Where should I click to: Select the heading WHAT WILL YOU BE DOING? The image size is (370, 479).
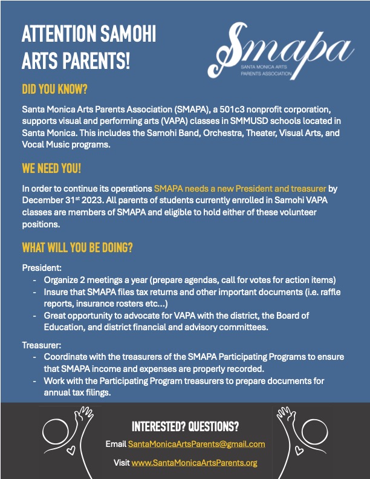click(77, 248)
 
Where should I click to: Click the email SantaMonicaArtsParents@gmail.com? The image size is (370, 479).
click(196, 444)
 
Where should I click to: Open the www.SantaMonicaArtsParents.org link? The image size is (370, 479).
click(195, 463)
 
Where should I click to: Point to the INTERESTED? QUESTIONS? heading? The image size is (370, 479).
click(185, 426)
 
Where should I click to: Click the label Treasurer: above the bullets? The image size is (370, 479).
click(42, 345)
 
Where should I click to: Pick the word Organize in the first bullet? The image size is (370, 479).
click(62, 281)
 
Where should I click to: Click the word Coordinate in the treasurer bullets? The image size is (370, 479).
click(67, 357)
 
